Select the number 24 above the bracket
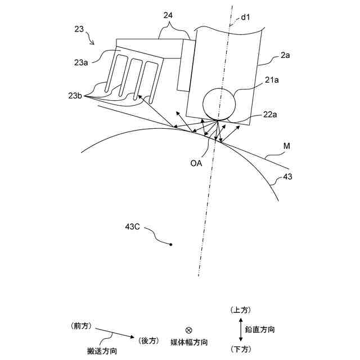168,15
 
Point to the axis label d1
245,18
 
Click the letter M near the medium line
286,146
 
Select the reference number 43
287,177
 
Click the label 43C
132,227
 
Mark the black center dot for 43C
171,244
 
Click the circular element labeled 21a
218,103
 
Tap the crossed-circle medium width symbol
188,330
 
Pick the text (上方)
241,310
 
